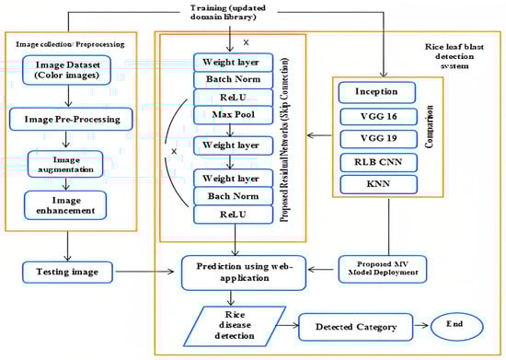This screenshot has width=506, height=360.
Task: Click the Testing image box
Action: [x=68, y=273]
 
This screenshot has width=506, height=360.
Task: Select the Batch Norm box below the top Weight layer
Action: [x=232, y=80]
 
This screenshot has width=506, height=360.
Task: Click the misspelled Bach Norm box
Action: [x=232, y=196]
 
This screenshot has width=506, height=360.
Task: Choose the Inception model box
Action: [x=376, y=92]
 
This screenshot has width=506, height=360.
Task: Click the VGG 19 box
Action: [x=376, y=139]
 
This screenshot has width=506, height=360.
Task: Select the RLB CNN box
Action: [x=376, y=162]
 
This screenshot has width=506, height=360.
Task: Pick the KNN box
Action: [x=376, y=185]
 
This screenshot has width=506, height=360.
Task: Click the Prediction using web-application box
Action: [x=237, y=272]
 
